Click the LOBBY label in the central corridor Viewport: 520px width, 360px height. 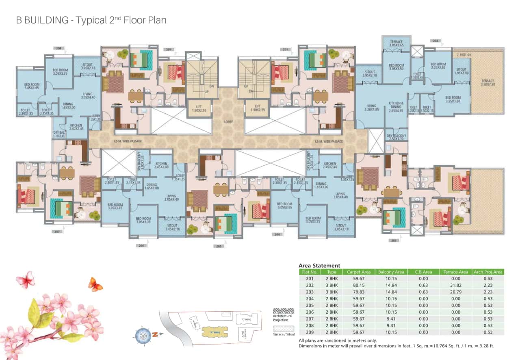228,121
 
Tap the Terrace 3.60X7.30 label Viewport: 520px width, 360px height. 488,83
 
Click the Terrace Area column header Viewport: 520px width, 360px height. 455,272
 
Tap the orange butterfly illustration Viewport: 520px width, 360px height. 95,284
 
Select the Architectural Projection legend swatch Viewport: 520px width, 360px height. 283,311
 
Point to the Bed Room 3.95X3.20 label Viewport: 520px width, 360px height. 453,100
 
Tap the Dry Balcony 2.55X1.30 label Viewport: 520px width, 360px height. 396,137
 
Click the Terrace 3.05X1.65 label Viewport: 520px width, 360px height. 396,44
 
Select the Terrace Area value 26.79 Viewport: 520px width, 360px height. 455,292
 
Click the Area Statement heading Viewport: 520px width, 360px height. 319,265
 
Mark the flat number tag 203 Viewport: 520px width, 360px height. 393,241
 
